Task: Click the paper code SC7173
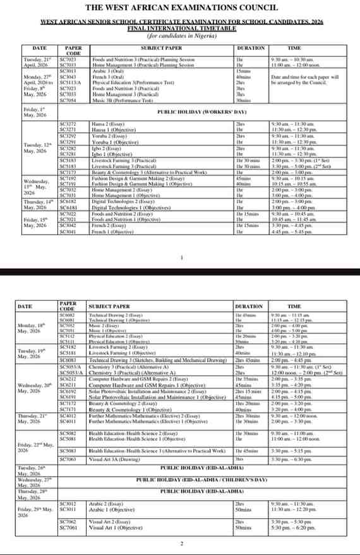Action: [68, 172]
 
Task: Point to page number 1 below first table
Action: [182, 257]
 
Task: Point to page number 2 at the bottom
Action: [182, 544]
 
